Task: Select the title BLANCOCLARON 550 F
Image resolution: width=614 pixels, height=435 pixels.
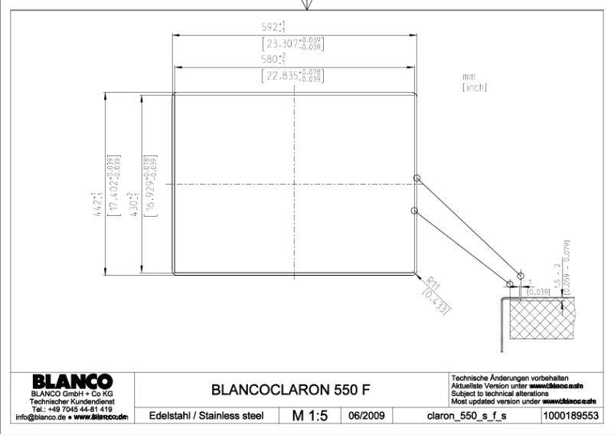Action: (x=291, y=390)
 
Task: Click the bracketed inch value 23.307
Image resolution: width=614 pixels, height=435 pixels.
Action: (x=292, y=44)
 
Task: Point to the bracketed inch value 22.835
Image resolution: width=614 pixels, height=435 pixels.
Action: (x=292, y=76)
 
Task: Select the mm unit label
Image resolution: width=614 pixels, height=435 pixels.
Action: (x=469, y=77)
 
